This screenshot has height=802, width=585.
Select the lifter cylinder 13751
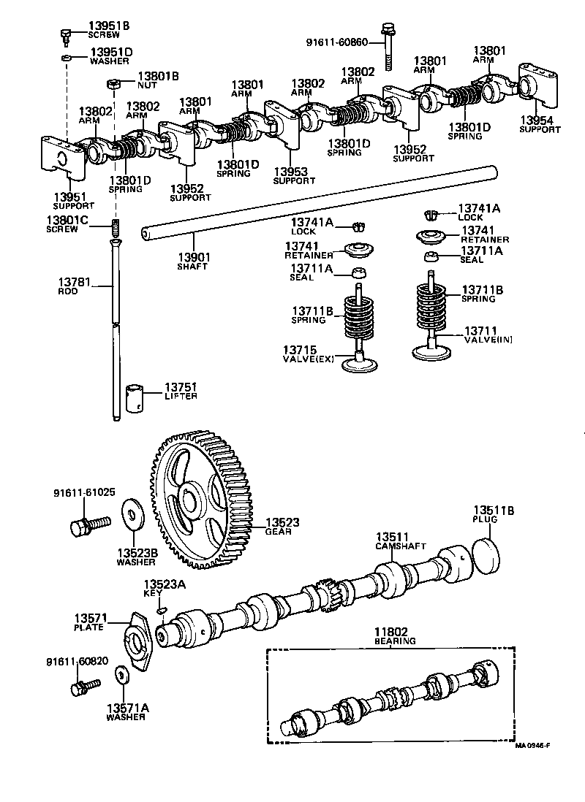[135, 398]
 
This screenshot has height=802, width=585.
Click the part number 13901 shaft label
[193, 257]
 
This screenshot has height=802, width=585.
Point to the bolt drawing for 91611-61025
[89, 524]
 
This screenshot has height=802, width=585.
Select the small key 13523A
[162, 610]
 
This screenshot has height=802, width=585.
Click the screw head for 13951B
[65, 34]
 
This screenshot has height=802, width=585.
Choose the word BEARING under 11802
[394, 641]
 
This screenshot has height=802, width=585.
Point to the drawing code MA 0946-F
[532, 745]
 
